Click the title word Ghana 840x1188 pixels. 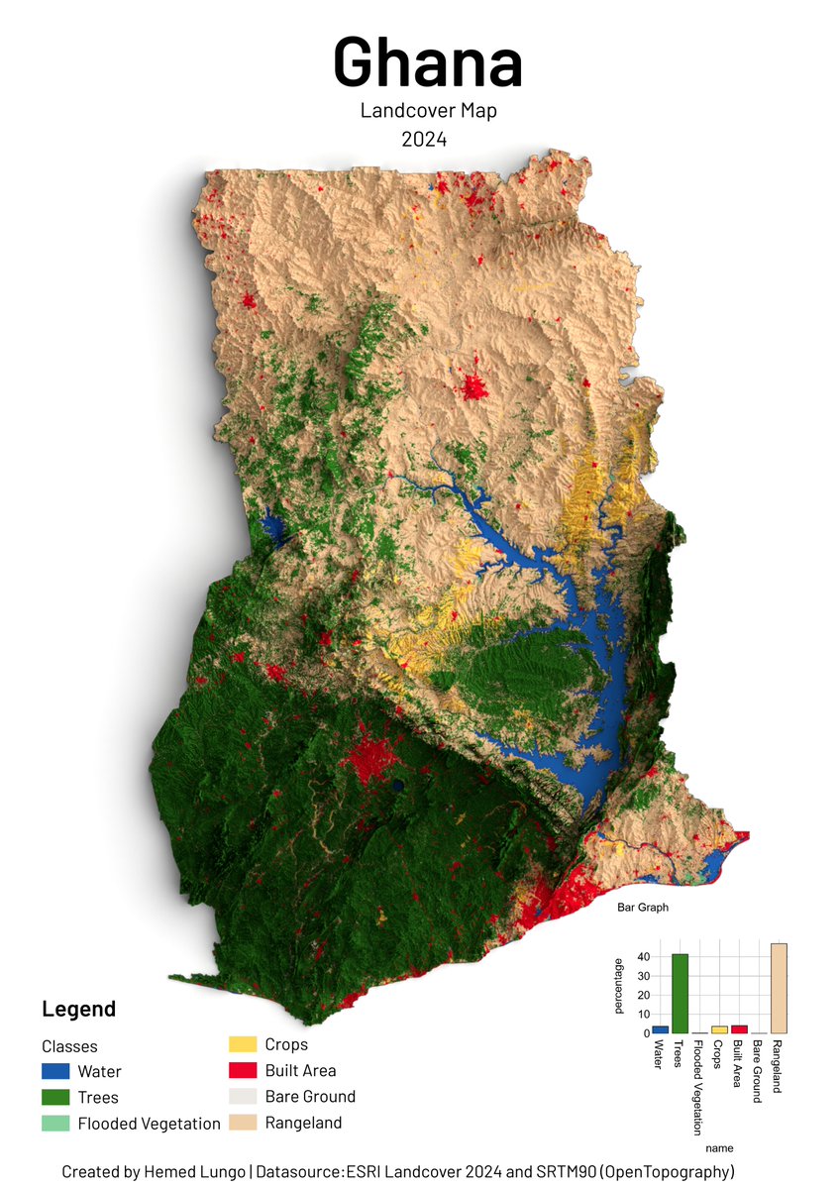pos(428,61)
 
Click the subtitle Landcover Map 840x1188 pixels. pos(428,111)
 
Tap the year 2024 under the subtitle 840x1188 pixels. pos(424,140)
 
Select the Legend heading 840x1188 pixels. pos(78,1009)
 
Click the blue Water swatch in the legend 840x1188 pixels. pos(55,1071)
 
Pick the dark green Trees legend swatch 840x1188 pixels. pos(55,1097)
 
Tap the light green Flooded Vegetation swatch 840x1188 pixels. pos(55,1124)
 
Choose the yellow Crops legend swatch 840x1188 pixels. pos(243,1044)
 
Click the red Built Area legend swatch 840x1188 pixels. pos(243,1070)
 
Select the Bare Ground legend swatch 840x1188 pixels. pos(243,1096)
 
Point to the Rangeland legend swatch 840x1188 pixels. pos(243,1123)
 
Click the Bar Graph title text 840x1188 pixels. pos(643,907)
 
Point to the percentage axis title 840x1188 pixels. pos(619,986)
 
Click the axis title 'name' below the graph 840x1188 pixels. pos(720,1148)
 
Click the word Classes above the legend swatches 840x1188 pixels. pos(69,1046)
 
